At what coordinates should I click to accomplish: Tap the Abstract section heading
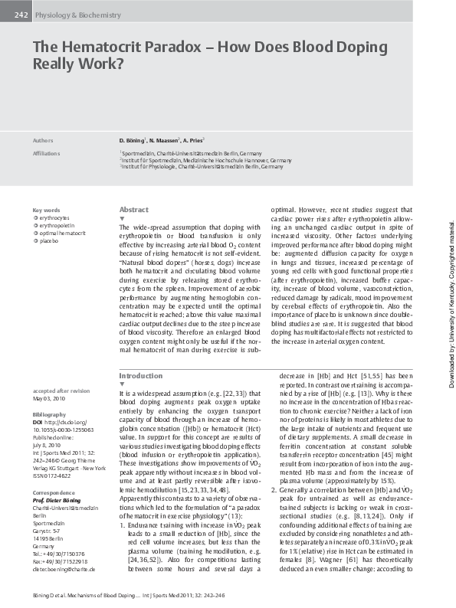(x=134, y=210)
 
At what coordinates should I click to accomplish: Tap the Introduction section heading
(x=141, y=376)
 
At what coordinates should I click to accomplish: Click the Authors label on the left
(x=42, y=141)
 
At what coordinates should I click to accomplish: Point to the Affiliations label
(x=46, y=153)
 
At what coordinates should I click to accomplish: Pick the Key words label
(x=46, y=210)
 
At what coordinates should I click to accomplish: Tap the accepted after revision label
(x=61, y=391)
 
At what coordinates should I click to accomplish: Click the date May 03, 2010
(x=48, y=398)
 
